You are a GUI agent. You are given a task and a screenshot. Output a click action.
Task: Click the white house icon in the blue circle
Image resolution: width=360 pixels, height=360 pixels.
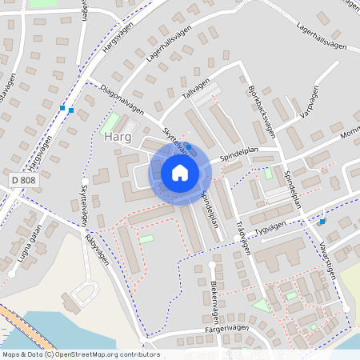click(x=180, y=173)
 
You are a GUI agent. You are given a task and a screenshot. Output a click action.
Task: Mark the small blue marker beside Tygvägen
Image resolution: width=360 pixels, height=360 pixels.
click(x=322, y=221)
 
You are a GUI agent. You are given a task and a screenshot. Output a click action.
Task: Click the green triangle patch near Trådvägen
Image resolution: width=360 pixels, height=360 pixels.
click(x=260, y=305)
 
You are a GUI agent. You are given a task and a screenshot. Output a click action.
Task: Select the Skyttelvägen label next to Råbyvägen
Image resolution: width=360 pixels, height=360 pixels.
click(x=84, y=200)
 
